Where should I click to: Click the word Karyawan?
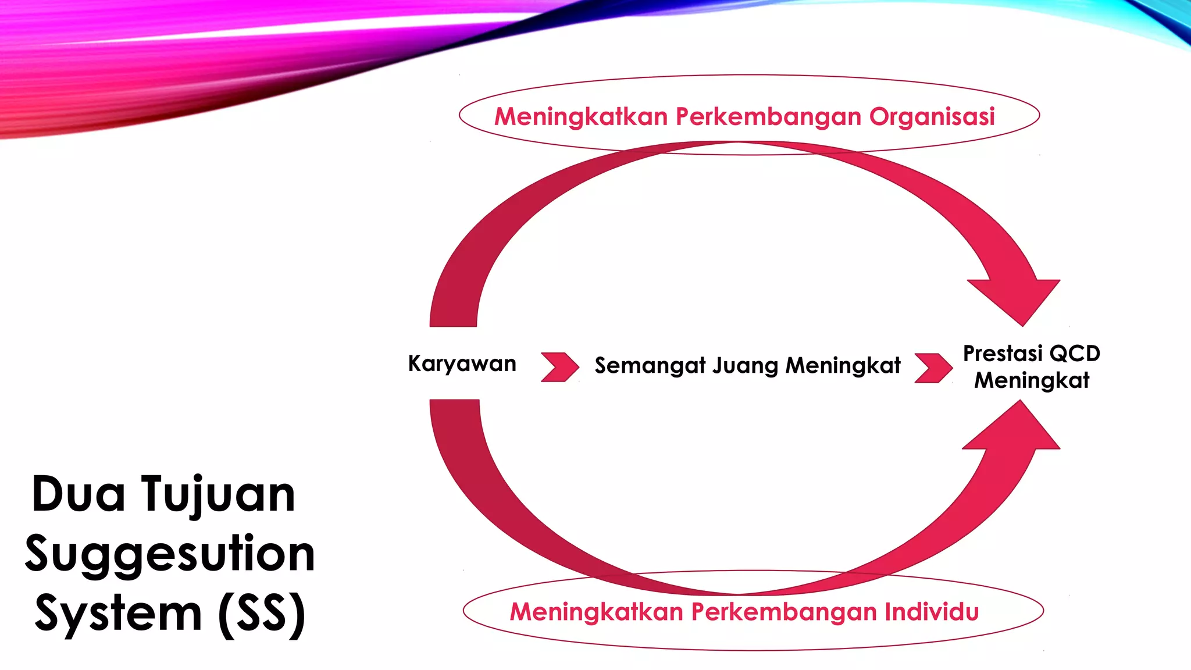tap(462, 364)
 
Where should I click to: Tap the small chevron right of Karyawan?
tap(559, 367)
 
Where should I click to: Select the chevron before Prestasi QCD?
tap(933, 368)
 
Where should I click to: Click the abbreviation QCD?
tap(1075, 354)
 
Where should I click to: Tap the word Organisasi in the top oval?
tap(932, 117)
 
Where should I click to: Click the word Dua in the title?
tap(78, 494)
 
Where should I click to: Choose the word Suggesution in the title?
tap(170, 554)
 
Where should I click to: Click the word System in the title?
tap(118, 614)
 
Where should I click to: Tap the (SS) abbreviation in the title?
tap(262, 614)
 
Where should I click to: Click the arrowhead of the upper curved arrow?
tap(1019, 298)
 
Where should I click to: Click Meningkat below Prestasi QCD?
tap(1032, 380)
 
